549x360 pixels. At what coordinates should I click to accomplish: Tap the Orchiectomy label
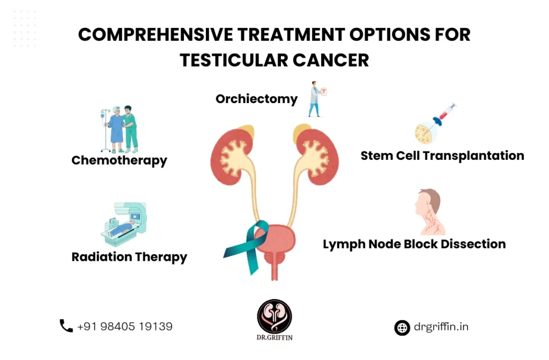[x=257, y=99]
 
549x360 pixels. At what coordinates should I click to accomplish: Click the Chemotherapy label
[x=119, y=160]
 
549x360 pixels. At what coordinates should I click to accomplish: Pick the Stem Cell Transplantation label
[x=442, y=156]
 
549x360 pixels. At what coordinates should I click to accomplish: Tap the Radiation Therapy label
[x=129, y=257]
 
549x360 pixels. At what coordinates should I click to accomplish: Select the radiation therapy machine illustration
[x=124, y=224]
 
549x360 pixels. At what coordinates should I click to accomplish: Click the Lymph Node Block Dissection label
[x=414, y=244]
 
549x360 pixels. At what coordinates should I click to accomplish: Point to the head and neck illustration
[x=429, y=212]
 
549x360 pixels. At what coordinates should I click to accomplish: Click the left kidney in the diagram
[x=232, y=156]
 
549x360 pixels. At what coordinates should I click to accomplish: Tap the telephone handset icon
[x=66, y=326]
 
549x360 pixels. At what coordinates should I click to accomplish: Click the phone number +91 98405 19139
[x=125, y=326]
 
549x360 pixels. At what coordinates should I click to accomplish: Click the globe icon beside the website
[x=402, y=328]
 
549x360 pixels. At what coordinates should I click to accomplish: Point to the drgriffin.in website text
[x=441, y=327]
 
